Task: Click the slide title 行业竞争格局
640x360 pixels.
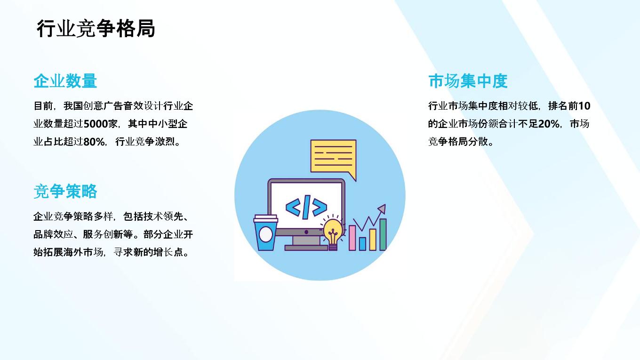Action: coord(96,29)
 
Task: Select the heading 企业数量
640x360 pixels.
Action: coord(65,81)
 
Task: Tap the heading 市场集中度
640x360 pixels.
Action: coord(468,81)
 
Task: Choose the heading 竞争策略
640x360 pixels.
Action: coord(65,191)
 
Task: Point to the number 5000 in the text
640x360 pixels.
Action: coord(96,124)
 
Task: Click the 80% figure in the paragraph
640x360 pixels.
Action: coord(94,142)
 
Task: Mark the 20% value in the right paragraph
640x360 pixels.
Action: coord(549,124)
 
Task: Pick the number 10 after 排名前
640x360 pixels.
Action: coord(584,106)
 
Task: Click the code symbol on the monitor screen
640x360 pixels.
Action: coord(306,207)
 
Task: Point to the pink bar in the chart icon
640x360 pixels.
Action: coord(352,238)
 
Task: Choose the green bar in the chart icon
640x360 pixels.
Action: coord(383,234)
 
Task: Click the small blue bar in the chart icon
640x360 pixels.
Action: coord(362,244)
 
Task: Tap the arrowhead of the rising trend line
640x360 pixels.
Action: coord(382,208)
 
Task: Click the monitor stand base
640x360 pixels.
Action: coord(306,248)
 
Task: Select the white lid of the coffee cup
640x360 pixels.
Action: coord(266,218)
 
